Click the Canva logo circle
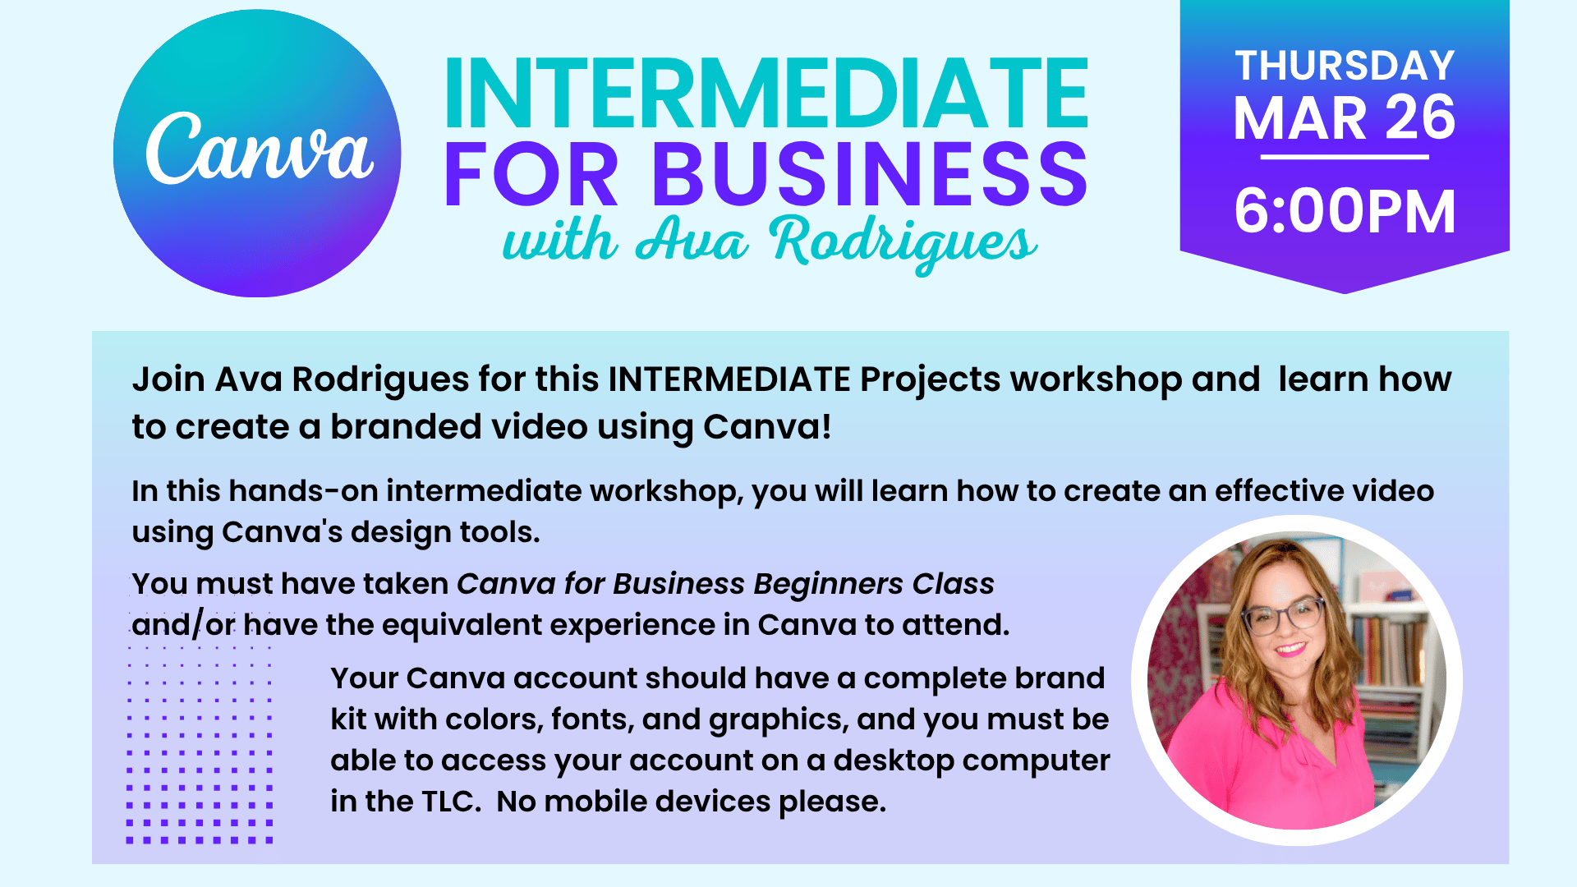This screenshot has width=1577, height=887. [x=257, y=154]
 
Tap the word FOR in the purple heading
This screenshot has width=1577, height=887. [x=531, y=174]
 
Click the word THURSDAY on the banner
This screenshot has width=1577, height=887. [x=1345, y=66]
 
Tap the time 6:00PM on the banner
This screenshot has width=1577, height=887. [x=1345, y=211]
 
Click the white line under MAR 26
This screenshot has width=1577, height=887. [x=1345, y=157]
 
